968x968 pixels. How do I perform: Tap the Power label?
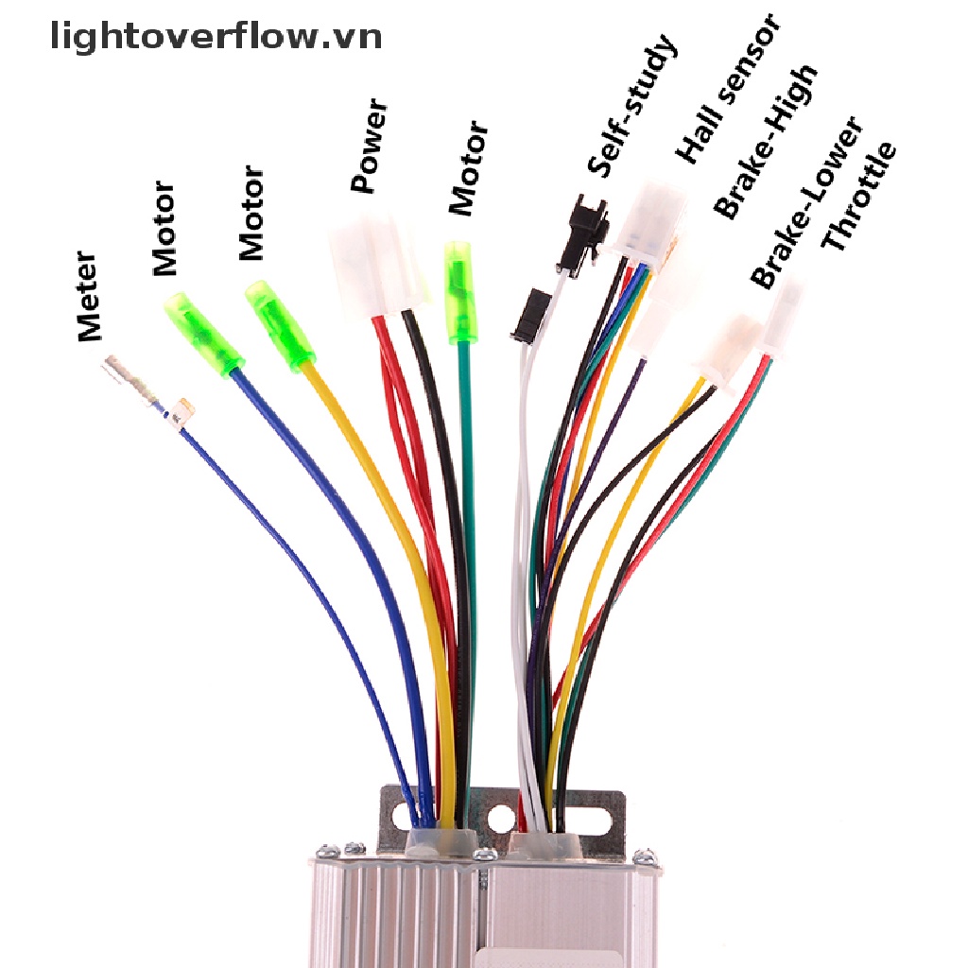[x=371, y=146]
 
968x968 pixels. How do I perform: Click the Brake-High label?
[x=765, y=142]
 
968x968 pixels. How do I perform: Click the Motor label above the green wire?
[x=468, y=168]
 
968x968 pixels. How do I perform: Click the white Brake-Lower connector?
[x=729, y=349]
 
